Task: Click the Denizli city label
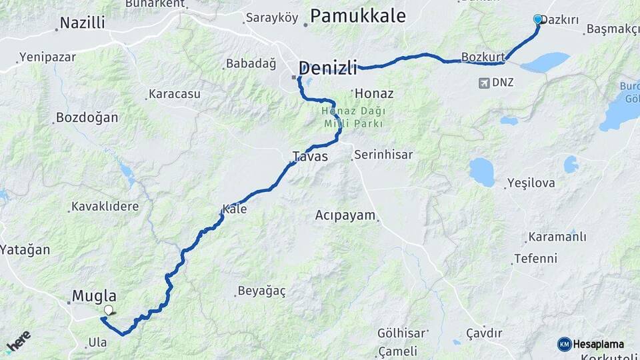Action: point(328,67)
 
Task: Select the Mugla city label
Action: point(94,296)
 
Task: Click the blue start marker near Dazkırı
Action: point(538,19)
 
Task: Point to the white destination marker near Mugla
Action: point(109,310)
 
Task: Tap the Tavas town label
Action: point(310,156)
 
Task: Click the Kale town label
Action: point(235,209)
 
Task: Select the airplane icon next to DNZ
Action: point(484,83)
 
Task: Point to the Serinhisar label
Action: point(383,155)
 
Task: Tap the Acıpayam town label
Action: point(346,215)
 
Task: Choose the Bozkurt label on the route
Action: point(483,57)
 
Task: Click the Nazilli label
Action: point(82,23)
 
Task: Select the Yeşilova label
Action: point(531,183)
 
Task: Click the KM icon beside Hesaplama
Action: point(564,344)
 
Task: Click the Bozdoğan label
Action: point(87,118)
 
